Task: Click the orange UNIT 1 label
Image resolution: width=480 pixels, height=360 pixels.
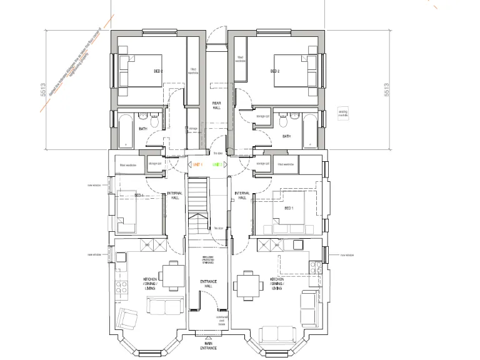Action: pos(197,164)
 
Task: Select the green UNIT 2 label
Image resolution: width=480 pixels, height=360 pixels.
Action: pos(217,164)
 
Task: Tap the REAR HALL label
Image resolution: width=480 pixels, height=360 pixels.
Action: pos(216,106)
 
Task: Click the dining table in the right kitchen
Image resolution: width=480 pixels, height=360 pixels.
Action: pos(248,286)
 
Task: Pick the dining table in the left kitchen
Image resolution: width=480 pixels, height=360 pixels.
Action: pos(171,274)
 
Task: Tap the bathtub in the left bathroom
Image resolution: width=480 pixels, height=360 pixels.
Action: pos(125,129)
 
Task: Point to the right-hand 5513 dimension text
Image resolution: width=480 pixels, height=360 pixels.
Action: pos(386,90)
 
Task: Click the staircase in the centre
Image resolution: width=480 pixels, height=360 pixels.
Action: pos(198,206)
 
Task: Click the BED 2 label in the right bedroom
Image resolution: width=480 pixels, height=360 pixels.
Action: pos(274,71)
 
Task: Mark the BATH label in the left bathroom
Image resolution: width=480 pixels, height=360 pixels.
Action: pos(143,129)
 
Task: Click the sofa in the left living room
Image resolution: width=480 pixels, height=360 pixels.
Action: pos(164,306)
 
